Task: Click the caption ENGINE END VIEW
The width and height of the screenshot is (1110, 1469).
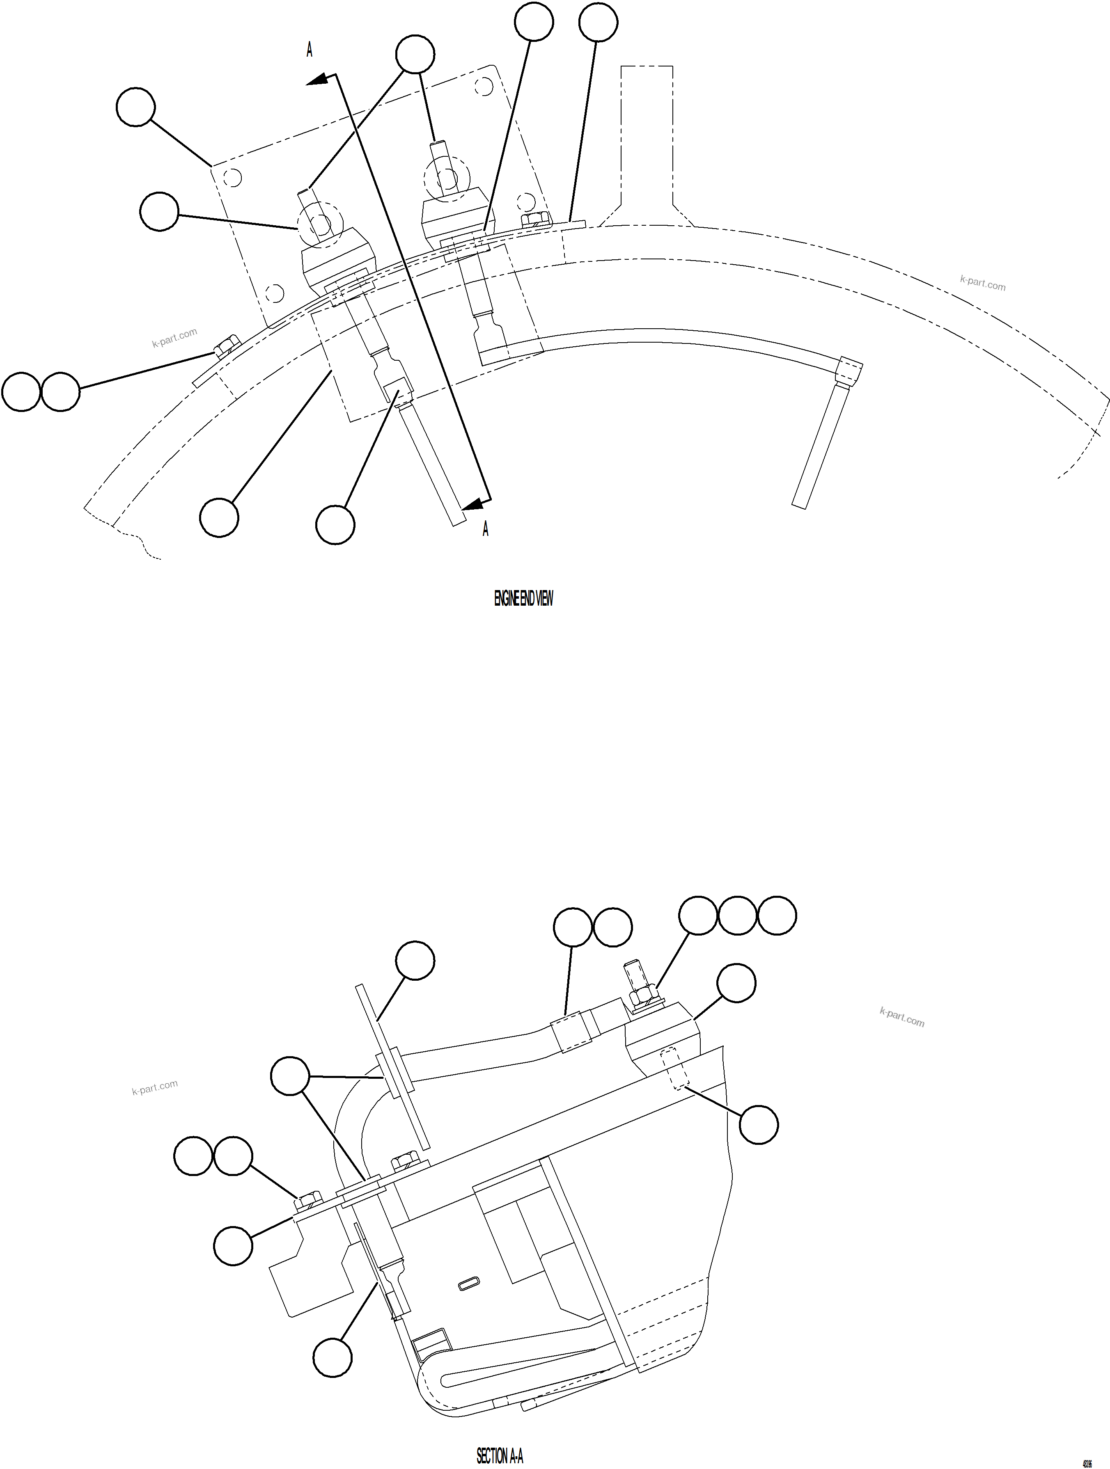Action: [523, 599]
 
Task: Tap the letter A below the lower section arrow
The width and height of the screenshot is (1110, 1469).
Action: [486, 529]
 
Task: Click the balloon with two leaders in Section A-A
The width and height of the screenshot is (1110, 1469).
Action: [290, 1076]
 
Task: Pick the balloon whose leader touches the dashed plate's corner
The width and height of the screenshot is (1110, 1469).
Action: [135, 107]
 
